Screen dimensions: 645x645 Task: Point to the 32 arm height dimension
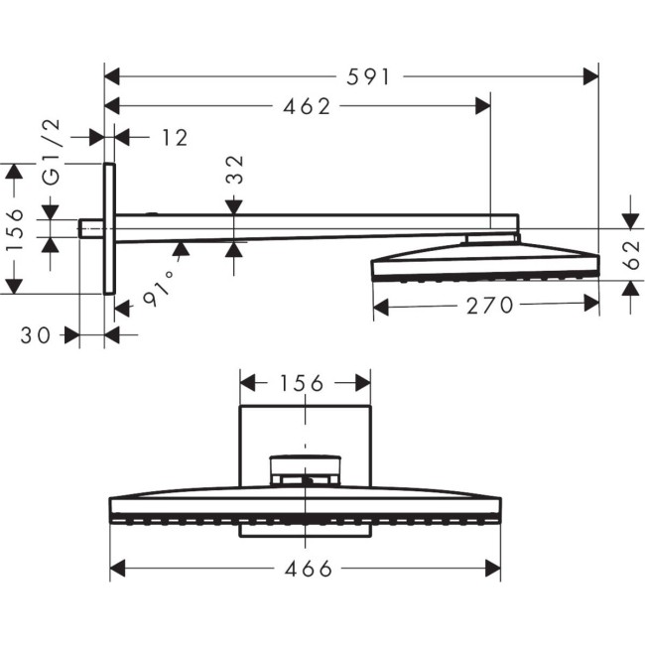point(235,170)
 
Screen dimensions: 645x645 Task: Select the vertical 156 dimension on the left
point(14,229)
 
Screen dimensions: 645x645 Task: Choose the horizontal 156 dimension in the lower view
point(304,383)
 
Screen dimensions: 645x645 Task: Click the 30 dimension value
point(35,335)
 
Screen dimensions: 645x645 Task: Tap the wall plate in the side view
point(109,228)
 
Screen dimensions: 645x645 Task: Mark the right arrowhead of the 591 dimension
point(591,75)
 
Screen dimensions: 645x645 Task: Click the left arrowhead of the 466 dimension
point(117,568)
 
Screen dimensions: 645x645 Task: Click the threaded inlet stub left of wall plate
point(91,229)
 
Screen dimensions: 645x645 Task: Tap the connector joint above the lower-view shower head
point(305,468)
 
